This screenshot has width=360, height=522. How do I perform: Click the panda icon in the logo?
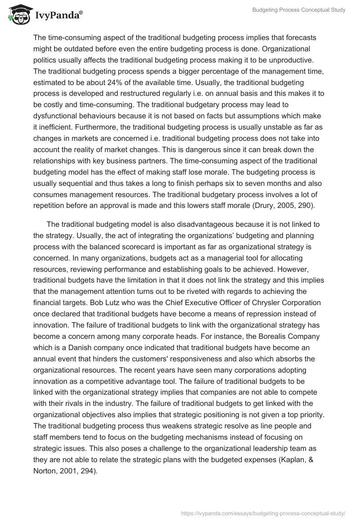(17, 15)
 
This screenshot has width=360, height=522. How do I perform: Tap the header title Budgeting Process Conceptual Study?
(292, 10)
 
